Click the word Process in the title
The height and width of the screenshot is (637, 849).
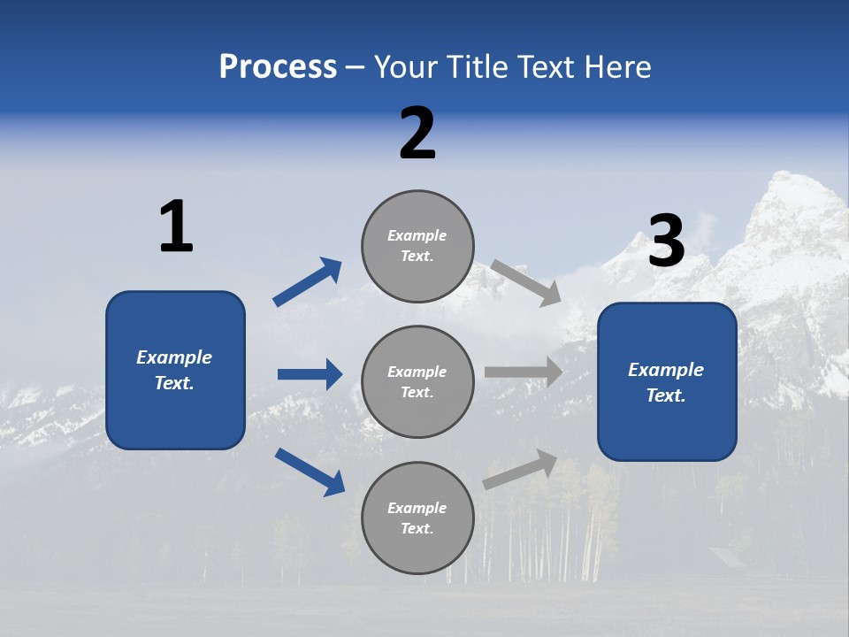(278, 67)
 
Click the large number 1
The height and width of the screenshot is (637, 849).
(176, 226)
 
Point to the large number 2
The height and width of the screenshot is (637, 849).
(417, 134)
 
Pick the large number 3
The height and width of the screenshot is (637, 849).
(666, 242)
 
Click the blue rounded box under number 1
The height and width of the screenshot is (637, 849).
(175, 370)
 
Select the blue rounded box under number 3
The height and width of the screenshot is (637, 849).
(667, 381)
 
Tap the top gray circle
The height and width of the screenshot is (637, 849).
(417, 245)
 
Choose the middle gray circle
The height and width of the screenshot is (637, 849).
(417, 381)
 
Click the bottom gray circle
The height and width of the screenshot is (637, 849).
(417, 518)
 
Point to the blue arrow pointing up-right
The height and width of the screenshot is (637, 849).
(308, 282)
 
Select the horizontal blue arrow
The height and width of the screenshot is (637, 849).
(310, 374)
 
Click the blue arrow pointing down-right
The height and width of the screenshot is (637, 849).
(310, 472)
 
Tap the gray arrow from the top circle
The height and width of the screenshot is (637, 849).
(526, 282)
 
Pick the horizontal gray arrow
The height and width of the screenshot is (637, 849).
(524, 372)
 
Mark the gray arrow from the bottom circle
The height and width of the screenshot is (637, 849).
(521, 470)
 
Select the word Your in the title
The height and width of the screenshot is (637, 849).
(403, 67)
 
